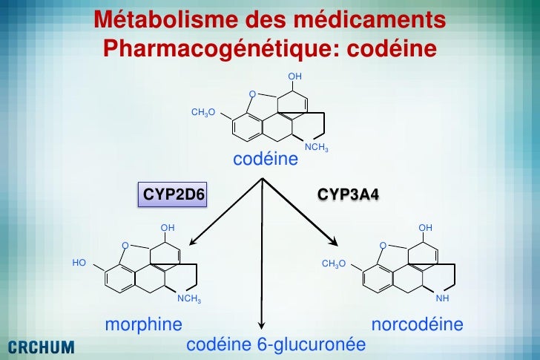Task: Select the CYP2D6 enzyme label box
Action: point(173,195)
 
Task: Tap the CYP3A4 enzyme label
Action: point(348,195)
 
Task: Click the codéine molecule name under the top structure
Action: point(266,160)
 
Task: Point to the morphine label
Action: point(144,324)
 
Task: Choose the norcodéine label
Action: point(417,324)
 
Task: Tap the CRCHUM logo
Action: point(41,346)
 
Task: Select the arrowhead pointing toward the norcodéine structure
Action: point(335,243)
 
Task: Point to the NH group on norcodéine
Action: point(442,299)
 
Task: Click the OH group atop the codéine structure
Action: point(295,76)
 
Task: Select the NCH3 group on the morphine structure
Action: point(188,299)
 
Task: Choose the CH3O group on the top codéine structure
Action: point(203,112)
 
